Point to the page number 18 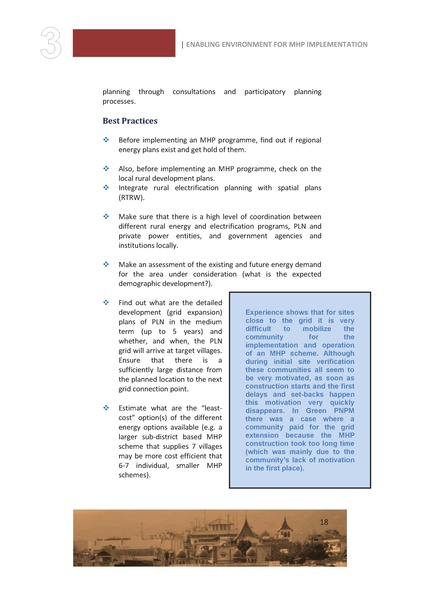pyautogui.click(x=323, y=522)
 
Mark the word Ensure pyautogui.click(x=131, y=351)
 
